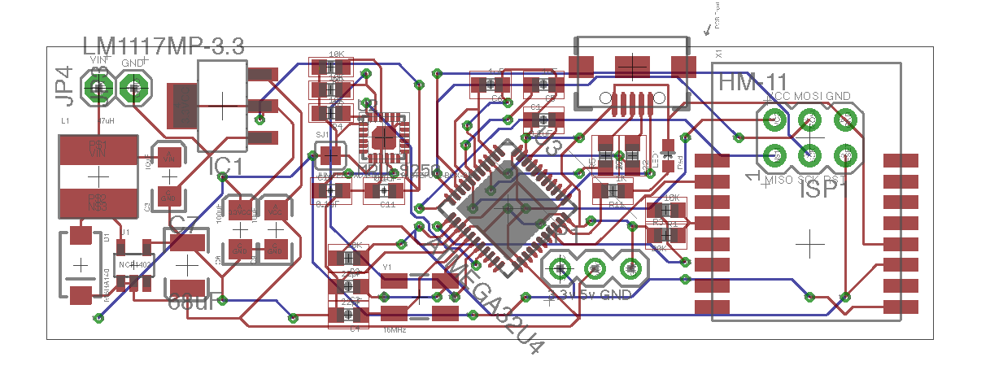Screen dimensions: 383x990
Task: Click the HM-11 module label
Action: click(752, 83)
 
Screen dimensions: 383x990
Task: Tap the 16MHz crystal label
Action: click(395, 330)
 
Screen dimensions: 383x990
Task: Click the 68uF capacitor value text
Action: click(191, 302)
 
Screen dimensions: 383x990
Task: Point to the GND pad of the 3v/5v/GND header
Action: click(630, 267)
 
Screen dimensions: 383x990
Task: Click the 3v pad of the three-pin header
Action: click(560, 267)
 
